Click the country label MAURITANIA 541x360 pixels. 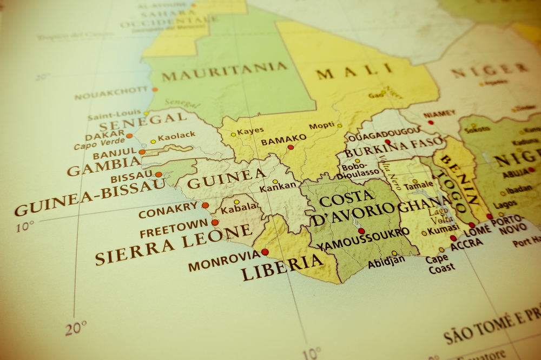(225, 71)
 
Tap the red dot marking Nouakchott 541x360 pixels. (155, 89)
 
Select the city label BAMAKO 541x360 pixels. (276, 142)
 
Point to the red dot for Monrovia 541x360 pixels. (265, 252)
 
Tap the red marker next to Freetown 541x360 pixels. (215, 222)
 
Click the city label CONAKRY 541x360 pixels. (168, 210)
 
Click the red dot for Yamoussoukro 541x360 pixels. (361, 231)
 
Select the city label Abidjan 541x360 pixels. (386, 263)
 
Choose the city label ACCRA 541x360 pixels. (466, 244)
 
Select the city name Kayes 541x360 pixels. (250, 130)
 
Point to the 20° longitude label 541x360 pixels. (76, 328)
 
